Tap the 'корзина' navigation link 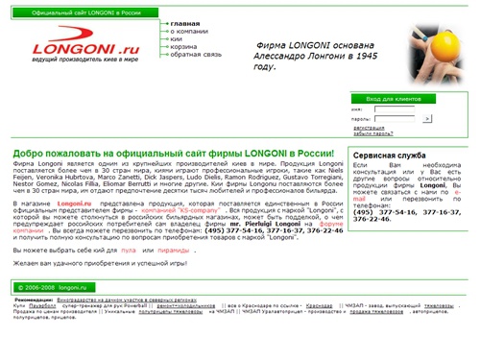pos(185,48)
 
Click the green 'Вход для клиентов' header pos(394,98)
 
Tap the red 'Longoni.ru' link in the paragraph pos(73,205)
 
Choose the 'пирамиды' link pos(174,248)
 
